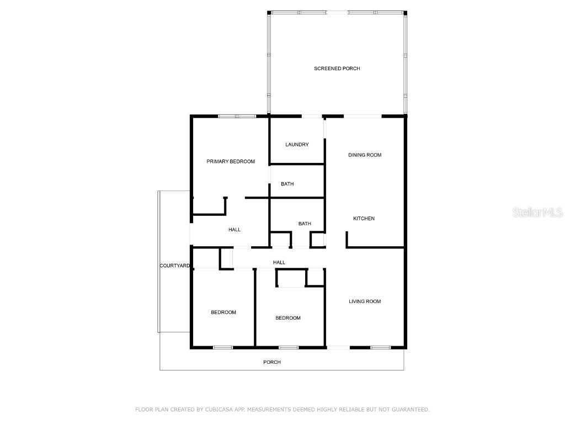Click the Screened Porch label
coord(337,68)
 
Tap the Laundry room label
coord(297,145)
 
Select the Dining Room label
coord(365,155)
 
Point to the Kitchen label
coord(364,219)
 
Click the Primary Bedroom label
coord(231,162)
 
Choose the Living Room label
coord(365,301)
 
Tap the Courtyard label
coord(175,266)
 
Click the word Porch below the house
coord(272,362)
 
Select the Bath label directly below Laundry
coord(287,184)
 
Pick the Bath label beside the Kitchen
coord(305,224)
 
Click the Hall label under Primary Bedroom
coord(234,230)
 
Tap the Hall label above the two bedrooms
coord(279,262)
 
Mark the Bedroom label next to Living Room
coord(288,318)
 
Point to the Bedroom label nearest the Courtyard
coord(223,312)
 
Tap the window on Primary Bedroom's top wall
coord(237,116)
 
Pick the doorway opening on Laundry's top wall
coord(312,116)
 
